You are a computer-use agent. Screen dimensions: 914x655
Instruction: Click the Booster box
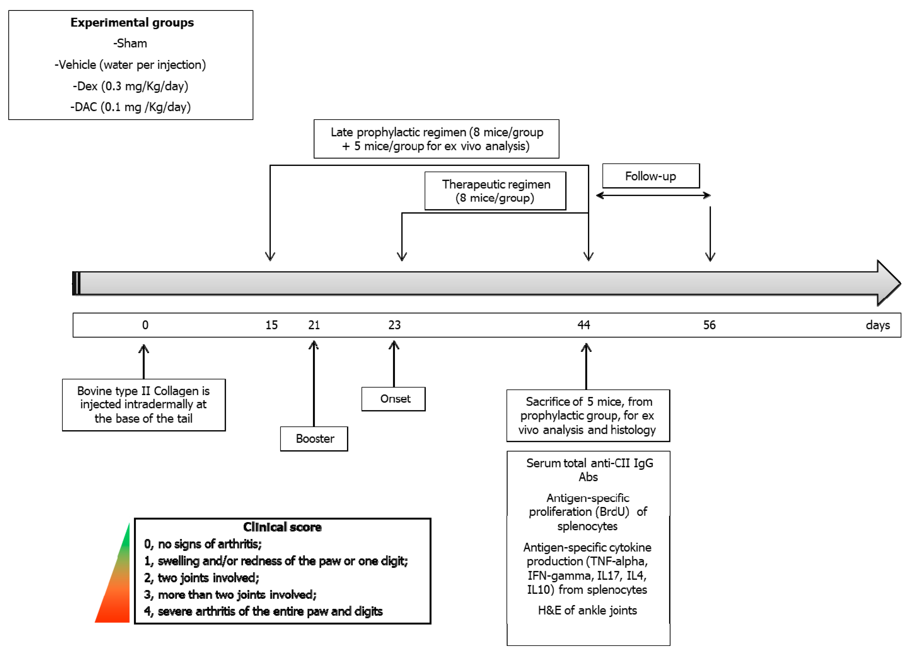tap(314, 439)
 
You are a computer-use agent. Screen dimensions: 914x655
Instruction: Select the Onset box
tap(393, 399)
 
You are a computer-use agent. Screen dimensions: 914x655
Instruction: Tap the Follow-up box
tap(651, 176)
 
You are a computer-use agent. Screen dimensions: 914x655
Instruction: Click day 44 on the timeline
tap(583, 325)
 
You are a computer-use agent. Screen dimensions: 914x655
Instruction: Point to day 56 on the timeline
tap(709, 325)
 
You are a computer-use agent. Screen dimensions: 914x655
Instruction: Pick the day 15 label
tap(271, 325)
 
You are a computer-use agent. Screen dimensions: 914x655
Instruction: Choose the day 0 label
tap(145, 325)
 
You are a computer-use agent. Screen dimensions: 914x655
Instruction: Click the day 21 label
tap(314, 325)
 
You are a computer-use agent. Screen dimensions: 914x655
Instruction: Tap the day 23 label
tap(394, 325)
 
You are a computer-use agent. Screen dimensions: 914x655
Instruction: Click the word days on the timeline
tap(878, 325)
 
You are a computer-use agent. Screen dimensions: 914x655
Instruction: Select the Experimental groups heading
tap(132, 22)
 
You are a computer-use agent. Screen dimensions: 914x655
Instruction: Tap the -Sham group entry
tap(130, 43)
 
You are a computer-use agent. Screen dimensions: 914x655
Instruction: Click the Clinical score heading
tap(282, 527)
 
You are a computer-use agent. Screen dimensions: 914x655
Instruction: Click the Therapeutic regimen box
tap(495, 191)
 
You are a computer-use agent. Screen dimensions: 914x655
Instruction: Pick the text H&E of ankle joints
tap(587, 611)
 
